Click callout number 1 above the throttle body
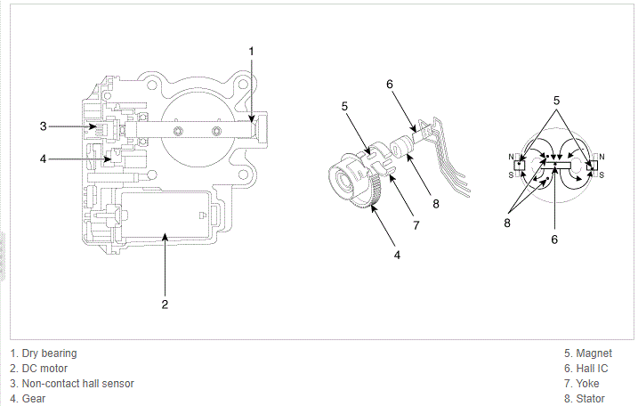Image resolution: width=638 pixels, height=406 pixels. click(251, 51)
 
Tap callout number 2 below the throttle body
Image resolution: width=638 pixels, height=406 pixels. click(165, 304)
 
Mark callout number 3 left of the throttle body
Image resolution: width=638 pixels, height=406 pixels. click(43, 126)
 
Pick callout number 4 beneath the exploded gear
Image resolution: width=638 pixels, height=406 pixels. click(398, 255)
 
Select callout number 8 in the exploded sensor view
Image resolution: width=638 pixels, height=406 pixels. click(436, 203)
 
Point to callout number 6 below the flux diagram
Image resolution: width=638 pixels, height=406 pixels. click(553, 239)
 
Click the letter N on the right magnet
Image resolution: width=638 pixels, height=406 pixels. click(602, 158)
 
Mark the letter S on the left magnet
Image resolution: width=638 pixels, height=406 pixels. click(511, 175)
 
